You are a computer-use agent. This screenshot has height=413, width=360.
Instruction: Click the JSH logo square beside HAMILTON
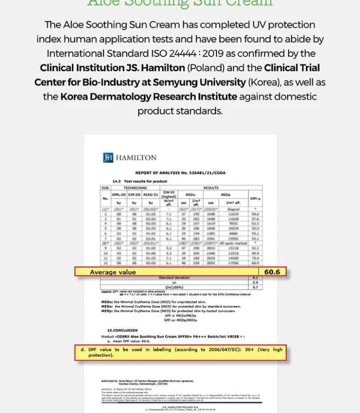(108, 158)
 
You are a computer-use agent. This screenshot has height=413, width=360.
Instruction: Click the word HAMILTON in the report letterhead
(136, 158)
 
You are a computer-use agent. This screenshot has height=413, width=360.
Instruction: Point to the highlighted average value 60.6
(272, 272)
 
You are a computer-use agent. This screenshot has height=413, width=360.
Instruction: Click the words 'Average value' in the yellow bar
(113, 272)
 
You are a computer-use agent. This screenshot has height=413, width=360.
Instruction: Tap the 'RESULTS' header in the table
(211, 188)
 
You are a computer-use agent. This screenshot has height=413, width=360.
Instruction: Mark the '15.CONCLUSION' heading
(122, 330)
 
